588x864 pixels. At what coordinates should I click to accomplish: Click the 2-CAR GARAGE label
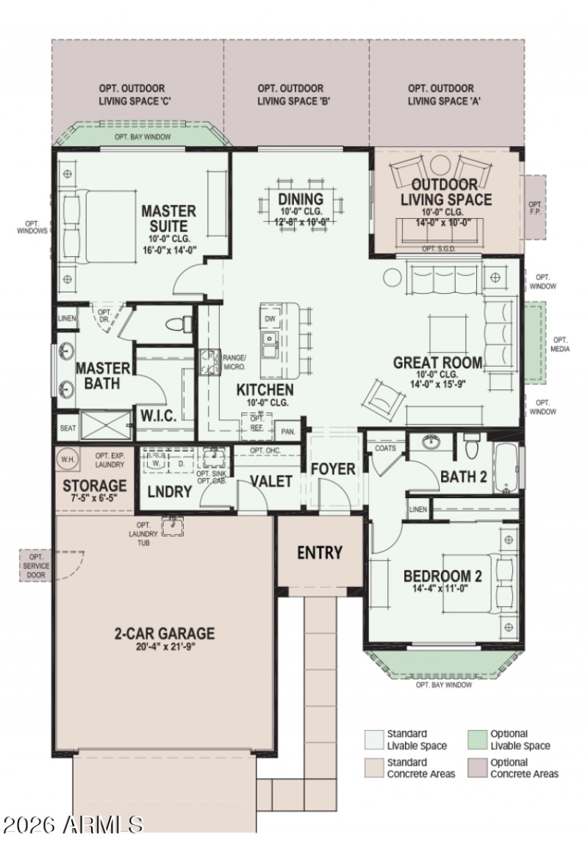pyautogui.click(x=165, y=633)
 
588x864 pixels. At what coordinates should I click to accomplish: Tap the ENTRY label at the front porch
pyautogui.click(x=320, y=552)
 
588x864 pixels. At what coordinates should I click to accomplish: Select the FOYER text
pyautogui.click(x=332, y=469)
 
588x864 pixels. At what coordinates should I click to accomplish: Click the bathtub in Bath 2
pyautogui.click(x=506, y=468)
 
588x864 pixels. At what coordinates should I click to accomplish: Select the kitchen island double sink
pyautogui.click(x=268, y=342)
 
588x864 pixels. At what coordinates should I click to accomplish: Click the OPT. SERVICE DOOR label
pyautogui.click(x=36, y=566)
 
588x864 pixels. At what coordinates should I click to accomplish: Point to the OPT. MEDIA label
pyautogui.click(x=560, y=344)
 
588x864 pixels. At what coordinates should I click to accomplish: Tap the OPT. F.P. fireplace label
pyautogui.click(x=535, y=208)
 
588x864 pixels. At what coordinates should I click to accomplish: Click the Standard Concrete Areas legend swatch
pyautogui.click(x=374, y=768)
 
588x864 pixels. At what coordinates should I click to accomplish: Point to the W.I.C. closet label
pyautogui.click(x=158, y=416)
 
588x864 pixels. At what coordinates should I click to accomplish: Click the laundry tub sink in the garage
pyautogui.click(x=173, y=524)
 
